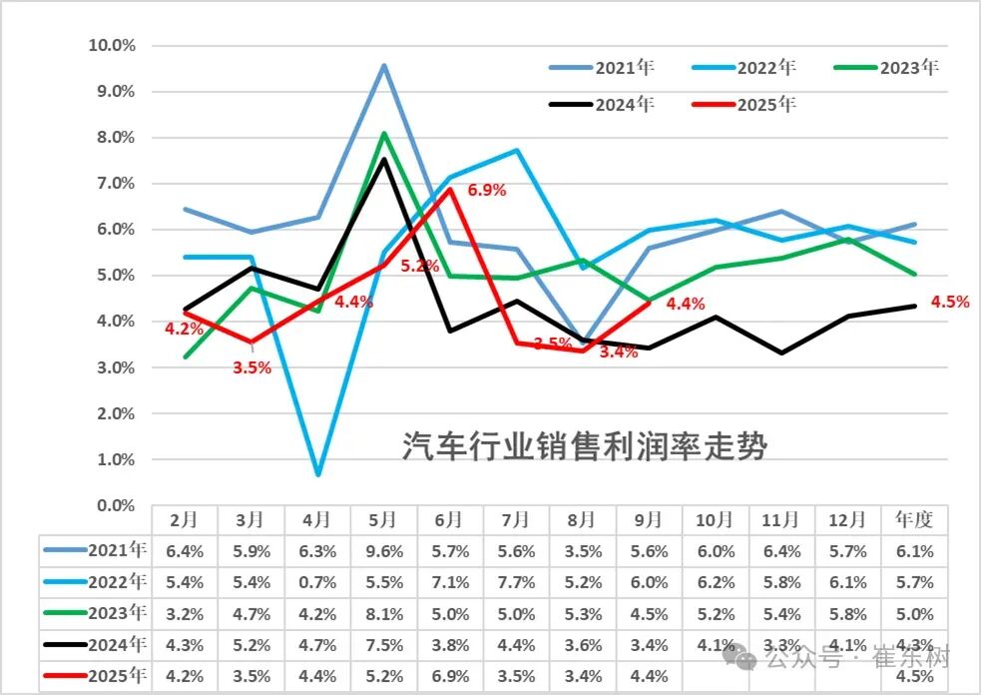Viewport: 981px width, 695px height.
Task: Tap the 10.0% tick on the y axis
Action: pos(113,45)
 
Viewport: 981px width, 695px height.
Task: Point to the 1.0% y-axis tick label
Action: pos(116,460)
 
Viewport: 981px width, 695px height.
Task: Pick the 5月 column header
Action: pos(382,519)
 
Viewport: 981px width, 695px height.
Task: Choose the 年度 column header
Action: pos(914,519)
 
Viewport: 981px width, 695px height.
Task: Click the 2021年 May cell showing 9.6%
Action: pos(382,550)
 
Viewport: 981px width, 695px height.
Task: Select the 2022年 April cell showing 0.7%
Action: pos(316,582)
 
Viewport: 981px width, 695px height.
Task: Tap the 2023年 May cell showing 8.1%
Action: pos(382,614)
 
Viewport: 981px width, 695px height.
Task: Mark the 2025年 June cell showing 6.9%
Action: pos(449,677)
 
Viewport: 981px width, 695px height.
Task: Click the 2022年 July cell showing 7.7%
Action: pos(515,582)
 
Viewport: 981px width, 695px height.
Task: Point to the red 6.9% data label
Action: pos(486,190)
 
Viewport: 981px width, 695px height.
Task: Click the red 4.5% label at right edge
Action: pos(948,302)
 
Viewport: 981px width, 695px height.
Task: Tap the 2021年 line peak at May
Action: pos(384,66)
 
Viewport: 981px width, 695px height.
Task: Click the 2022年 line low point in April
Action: pos(317,474)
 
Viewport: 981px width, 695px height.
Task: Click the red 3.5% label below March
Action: pos(252,366)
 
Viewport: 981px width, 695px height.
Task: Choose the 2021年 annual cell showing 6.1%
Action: pos(914,550)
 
